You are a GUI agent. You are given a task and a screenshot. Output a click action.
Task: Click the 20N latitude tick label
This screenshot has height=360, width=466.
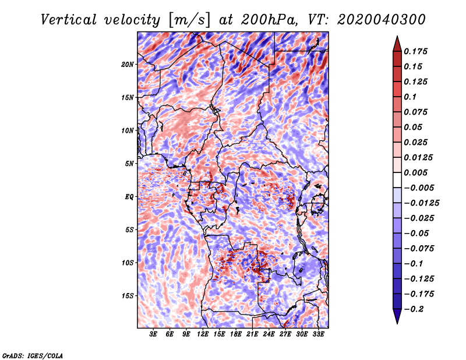coord(128,65)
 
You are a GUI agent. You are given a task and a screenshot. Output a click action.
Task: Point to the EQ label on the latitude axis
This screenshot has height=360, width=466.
coord(129,197)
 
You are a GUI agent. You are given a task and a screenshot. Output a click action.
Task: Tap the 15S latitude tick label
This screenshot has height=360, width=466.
coord(128,296)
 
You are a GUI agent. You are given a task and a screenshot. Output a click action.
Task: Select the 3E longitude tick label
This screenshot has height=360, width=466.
coord(153,334)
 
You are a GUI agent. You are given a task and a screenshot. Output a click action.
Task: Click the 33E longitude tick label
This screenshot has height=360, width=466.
coord(318,334)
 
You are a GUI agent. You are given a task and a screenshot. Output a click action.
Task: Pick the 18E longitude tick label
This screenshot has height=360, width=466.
coord(236,334)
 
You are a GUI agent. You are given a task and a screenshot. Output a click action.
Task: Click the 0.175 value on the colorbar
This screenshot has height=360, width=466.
coord(415,51)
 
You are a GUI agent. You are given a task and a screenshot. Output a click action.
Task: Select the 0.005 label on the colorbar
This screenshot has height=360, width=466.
coord(415,172)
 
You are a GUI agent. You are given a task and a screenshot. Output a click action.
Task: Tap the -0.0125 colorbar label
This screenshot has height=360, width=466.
coord(421,203)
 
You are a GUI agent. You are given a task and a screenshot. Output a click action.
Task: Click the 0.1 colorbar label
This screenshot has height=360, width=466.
coord(410,97)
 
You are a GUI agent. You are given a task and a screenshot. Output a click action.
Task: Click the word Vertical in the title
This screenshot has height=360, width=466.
coord(69,20)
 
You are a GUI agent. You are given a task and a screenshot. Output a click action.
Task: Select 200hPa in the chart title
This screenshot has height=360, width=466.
coord(269,20)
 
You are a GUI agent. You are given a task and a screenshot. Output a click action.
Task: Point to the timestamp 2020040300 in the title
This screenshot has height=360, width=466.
coord(382,20)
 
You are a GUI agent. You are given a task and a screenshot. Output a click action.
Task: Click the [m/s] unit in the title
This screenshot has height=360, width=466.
coord(189,20)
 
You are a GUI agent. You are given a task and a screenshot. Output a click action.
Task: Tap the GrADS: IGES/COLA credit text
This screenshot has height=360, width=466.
coord(33,355)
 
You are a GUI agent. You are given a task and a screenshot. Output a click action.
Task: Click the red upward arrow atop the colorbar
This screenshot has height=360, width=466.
coord(397,44)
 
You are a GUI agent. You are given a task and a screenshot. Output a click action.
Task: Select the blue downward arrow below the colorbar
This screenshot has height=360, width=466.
coord(397,316)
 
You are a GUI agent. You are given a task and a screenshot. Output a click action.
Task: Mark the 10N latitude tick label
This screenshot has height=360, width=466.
coord(128,130)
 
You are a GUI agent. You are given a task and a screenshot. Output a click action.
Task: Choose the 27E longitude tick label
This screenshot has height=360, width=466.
coord(285,334)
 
